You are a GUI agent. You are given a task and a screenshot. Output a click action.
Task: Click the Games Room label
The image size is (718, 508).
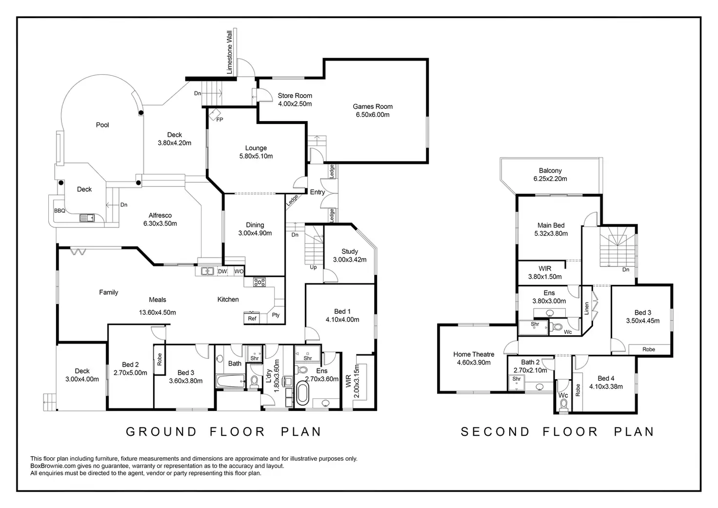(x=373, y=106)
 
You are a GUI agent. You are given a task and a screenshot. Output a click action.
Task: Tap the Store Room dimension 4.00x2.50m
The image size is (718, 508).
(x=295, y=104)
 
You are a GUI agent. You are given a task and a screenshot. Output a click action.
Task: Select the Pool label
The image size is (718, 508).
(x=102, y=125)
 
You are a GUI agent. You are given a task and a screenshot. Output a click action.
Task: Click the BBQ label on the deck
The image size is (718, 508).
(x=60, y=211)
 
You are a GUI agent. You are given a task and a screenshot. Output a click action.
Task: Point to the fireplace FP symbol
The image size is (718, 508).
(x=219, y=120)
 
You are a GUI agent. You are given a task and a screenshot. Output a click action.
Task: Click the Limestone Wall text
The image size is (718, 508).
(x=229, y=52)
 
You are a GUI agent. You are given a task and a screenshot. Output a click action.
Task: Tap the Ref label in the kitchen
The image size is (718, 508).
(x=252, y=319)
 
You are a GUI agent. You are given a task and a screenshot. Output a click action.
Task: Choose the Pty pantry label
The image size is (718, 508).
(x=276, y=315)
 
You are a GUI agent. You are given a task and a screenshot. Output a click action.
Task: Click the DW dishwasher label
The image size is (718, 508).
(x=222, y=271)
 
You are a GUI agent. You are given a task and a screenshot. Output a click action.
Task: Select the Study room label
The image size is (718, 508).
(x=350, y=251)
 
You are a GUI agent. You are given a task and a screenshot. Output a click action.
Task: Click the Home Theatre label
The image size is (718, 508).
(x=474, y=354)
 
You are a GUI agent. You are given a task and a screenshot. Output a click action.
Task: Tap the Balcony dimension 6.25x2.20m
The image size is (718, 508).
(x=550, y=179)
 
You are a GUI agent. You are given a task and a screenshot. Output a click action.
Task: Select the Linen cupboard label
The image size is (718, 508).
(x=587, y=308)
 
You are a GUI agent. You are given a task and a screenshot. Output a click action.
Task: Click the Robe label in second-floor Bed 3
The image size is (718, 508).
(x=649, y=349)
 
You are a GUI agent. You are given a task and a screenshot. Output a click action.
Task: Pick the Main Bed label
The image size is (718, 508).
(x=551, y=225)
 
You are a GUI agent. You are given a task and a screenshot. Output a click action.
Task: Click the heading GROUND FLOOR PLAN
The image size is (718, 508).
(x=224, y=432)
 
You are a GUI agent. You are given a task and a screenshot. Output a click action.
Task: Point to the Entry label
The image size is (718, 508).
(x=318, y=192)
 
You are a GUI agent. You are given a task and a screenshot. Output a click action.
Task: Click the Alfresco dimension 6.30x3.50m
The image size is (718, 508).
(x=160, y=224)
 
